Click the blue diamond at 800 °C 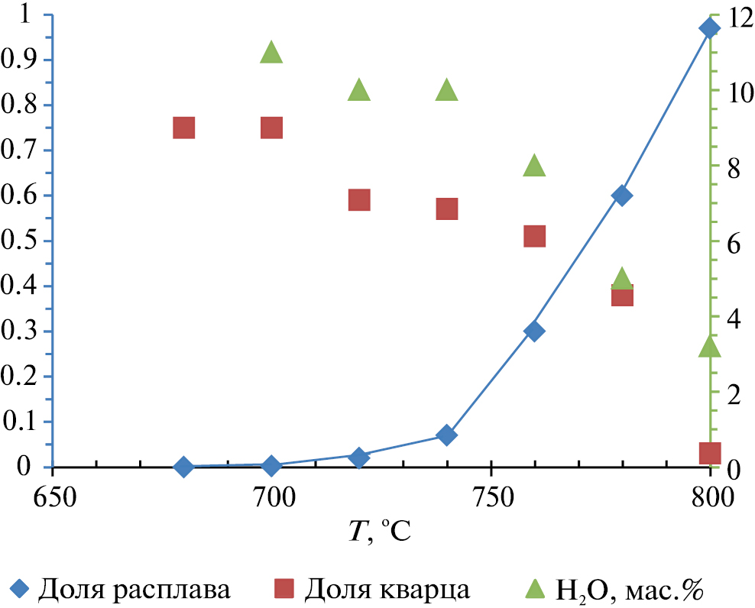709,28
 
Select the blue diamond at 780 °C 622,196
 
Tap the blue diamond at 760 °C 534,331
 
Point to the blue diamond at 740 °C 447,435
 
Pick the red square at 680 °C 183,128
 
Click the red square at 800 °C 709,453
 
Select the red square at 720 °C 359,200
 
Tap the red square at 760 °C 534,236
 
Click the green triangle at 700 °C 271,52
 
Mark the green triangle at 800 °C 709,347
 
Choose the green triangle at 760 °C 534,165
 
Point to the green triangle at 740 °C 447,90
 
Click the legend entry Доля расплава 122,589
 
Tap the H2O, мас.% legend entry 616,589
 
